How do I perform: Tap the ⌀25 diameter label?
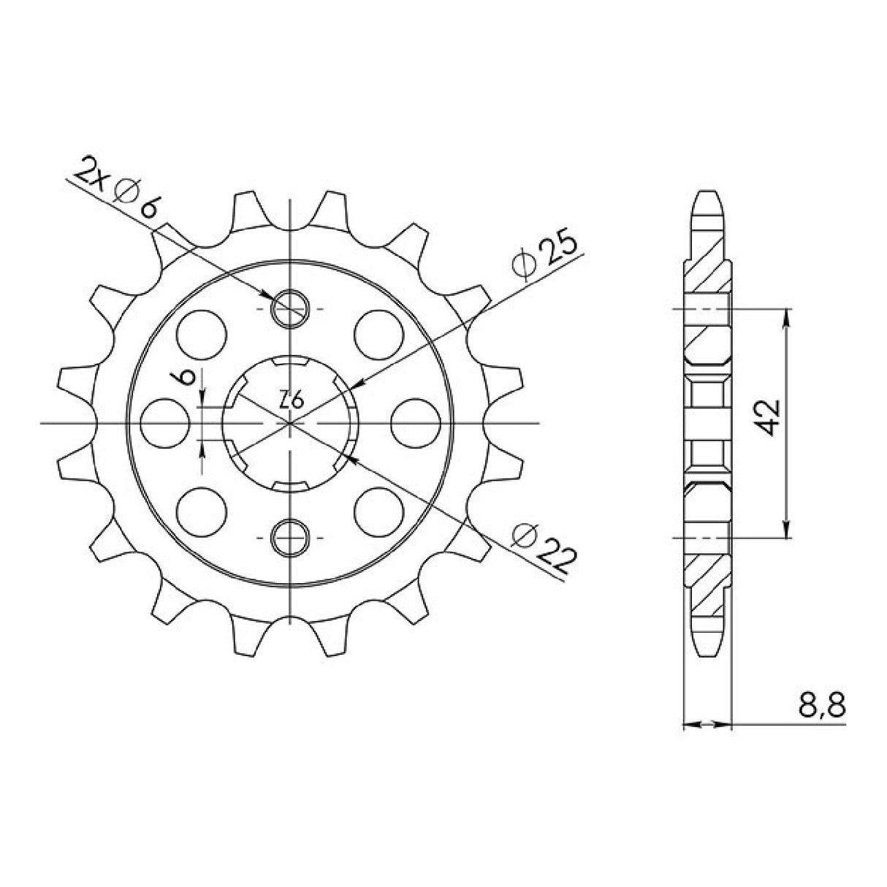pyautogui.click(x=546, y=256)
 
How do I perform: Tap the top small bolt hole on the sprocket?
pyautogui.click(x=290, y=309)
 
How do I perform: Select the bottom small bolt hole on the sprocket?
pyautogui.click(x=290, y=537)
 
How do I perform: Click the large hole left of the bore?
pyautogui.click(x=161, y=423)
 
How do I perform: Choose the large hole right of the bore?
pyautogui.click(x=413, y=423)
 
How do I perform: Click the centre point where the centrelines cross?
pyautogui.click(x=290, y=423)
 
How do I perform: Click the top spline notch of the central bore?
pyautogui.click(x=290, y=362)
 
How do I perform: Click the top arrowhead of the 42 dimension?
pyautogui.click(x=786, y=313)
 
